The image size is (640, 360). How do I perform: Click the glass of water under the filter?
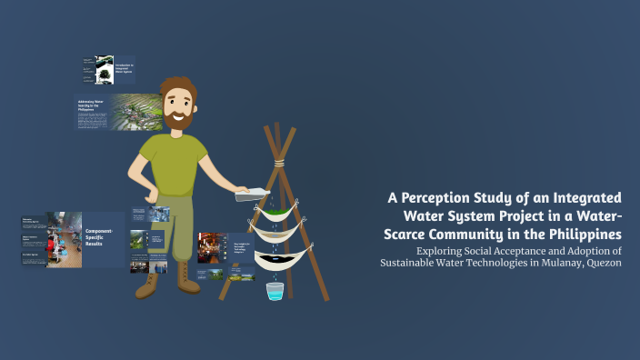click(x=274, y=291)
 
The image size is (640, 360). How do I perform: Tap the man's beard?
click(x=180, y=117)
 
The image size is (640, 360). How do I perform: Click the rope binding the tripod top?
click(x=278, y=163)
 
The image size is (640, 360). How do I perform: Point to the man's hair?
click(x=178, y=84)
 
